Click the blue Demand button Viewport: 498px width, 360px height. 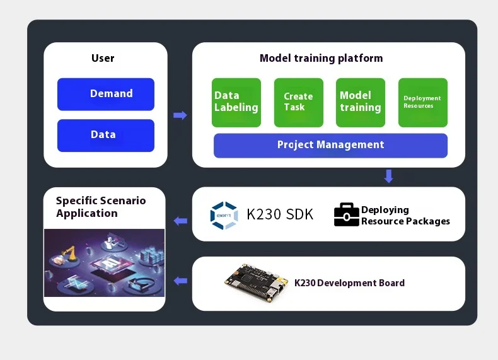[105, 94]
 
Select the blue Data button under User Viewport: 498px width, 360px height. [105, 135]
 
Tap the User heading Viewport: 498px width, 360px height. [103, 58]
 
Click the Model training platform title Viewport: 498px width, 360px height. [321, 58]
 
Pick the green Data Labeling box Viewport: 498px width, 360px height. [236, 102]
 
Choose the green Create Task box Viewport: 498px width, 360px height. [298, 102]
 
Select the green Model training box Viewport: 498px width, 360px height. [360, 102]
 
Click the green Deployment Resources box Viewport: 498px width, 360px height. [422, 102]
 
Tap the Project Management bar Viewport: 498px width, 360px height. [330, 145]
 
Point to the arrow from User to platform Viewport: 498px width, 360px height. [180, 115]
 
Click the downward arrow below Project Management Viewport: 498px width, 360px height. [389, 176]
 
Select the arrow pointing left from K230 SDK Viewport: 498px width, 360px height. [180, 221]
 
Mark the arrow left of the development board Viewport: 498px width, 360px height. [180, 281]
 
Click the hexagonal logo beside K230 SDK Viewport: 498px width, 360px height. [224, 215]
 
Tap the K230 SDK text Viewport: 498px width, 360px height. [279, 214]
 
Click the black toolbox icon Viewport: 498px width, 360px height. [346, 214]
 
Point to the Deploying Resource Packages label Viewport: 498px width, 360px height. [405, 215]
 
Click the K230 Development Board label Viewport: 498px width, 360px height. [349, 283]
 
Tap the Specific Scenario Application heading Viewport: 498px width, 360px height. [101, 207]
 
